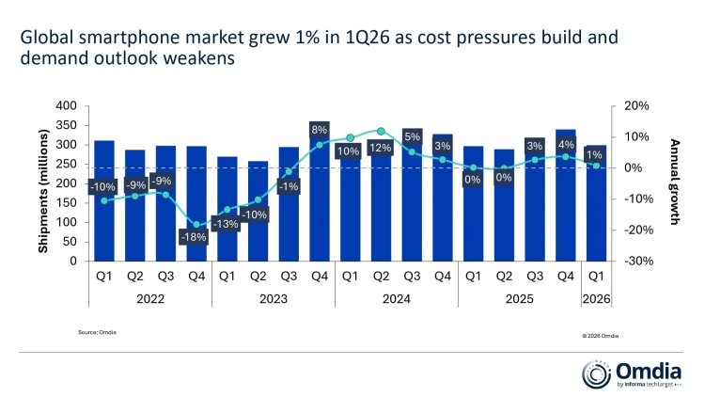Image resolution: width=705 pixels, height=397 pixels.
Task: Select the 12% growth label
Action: (380, 149)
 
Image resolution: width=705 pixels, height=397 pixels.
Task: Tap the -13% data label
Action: (227, 224)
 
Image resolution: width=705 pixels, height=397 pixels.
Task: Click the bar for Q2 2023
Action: (258, 211)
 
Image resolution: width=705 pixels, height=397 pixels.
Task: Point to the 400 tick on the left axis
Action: (66, 106)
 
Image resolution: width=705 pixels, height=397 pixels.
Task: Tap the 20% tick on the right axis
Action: (636, 106)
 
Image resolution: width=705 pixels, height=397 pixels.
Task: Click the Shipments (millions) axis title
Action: (43, 183)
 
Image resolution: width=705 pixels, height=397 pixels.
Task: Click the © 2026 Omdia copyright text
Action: (600, 334)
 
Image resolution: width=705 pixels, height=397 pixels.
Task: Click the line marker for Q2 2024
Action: (380, 132)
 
